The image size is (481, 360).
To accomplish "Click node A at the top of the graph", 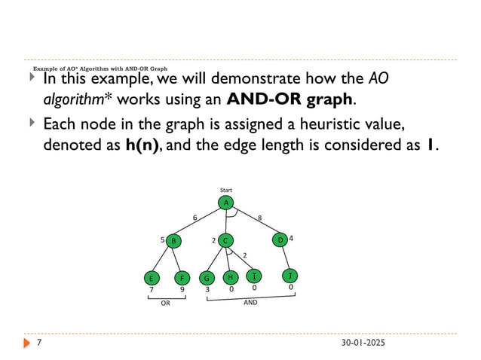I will [x=225, y=203].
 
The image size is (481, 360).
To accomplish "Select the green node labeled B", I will [x=173, y=241].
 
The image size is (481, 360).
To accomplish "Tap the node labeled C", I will [x=225, y=240].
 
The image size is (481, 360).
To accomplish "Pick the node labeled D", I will [x=280, y=240].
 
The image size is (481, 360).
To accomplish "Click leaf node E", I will [x=152, y=277].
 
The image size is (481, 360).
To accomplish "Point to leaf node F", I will [x=182, y=277].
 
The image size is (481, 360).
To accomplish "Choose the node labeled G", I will [x=207, y=277].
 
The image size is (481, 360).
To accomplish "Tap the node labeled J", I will [x=290, y=276].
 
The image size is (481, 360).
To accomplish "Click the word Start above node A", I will [x=225, y=190].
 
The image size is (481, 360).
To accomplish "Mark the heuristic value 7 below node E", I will [x=152, y=288].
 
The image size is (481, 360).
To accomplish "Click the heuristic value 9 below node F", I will [x=182, y=288].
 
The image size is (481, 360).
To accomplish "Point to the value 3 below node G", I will [x=207, y=288].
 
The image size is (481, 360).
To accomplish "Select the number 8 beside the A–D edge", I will [x=259, y=218].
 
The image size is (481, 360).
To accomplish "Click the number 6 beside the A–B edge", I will [x=195, y=218].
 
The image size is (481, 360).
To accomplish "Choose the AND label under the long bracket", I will [x=251, y=303].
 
